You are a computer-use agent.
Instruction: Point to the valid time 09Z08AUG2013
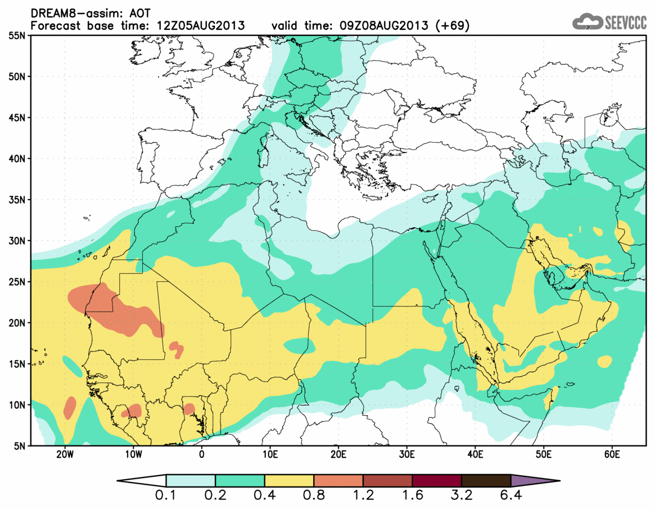click(x=388, y=25)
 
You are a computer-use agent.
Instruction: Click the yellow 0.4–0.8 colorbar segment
click(x=289, y=481)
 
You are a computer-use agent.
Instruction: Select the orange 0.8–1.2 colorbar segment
click(x=338, y=481)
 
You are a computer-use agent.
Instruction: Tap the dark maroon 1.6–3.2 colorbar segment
click(x=437, y=481)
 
